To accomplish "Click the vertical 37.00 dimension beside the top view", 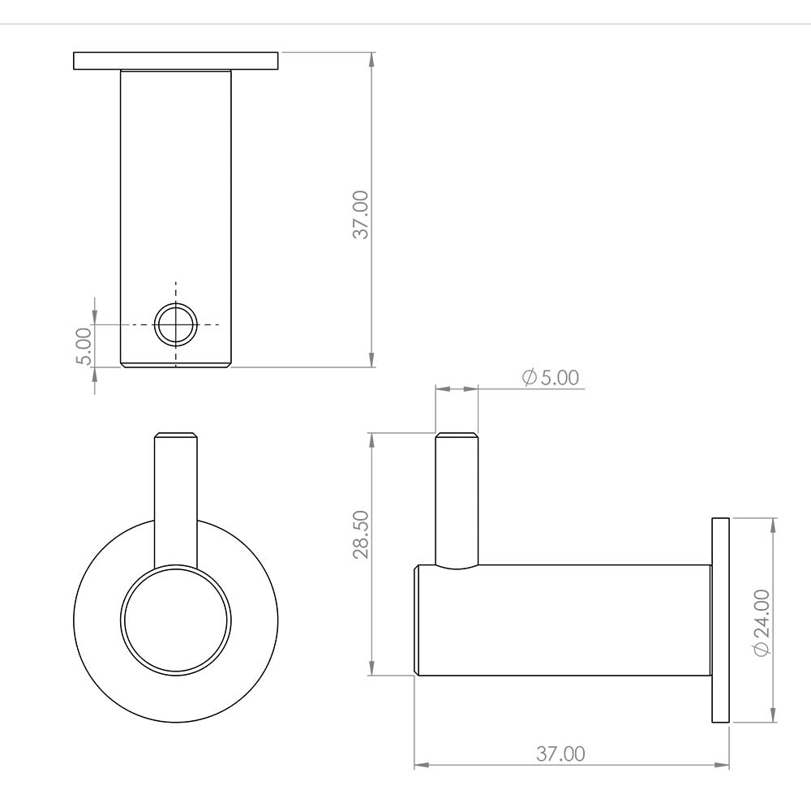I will coord(360,214).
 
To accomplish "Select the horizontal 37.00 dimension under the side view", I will coord(560,753).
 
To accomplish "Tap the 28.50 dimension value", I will coord(360,534).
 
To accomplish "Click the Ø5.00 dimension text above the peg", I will coord(551,378).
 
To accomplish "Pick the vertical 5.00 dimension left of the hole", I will coord(84,346).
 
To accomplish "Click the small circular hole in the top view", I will coord(176,324).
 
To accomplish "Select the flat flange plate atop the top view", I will coord(176,61).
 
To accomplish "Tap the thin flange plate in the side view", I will coord(720,620).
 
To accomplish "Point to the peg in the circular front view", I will coord(175,495).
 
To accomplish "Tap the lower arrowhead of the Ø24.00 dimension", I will coord(773,715).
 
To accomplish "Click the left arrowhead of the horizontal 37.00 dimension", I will coord(421,765).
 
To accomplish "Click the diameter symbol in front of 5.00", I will coord(530,378).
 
